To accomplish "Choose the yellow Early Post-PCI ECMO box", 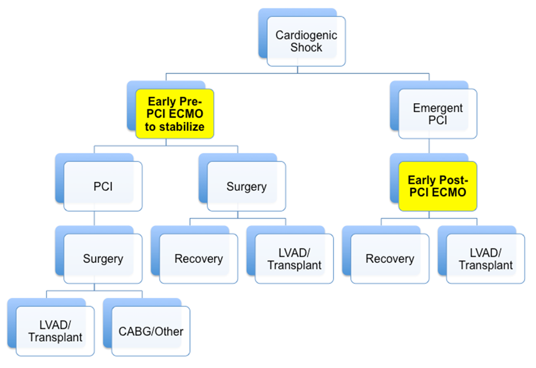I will pyautogui.click(x=437, y=186).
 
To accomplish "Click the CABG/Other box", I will pyautogui.click(x=151, y=331).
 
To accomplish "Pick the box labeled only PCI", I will pyautogui.click(x=103, y=187).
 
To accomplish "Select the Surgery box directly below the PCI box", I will pyautogui.click(x=103, y=259).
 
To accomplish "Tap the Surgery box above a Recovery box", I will pyautogui.click(x=246, y=187).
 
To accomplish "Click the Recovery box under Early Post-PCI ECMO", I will pyautogui.click(x=390, y=259).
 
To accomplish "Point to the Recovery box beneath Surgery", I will pyautogui.click(x=199, y=259).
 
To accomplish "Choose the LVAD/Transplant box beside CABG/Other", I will pyautogui.click(x=55, y=331).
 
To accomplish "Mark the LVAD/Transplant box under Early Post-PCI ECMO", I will pyautogui.click(x=486, y=259).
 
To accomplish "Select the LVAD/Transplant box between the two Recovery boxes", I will pyautogui.click(x=294, y=259).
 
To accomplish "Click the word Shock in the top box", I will pyautogui.click(x=306, y=47).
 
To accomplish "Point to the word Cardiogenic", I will pyautogui.click(x=306, y=35).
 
